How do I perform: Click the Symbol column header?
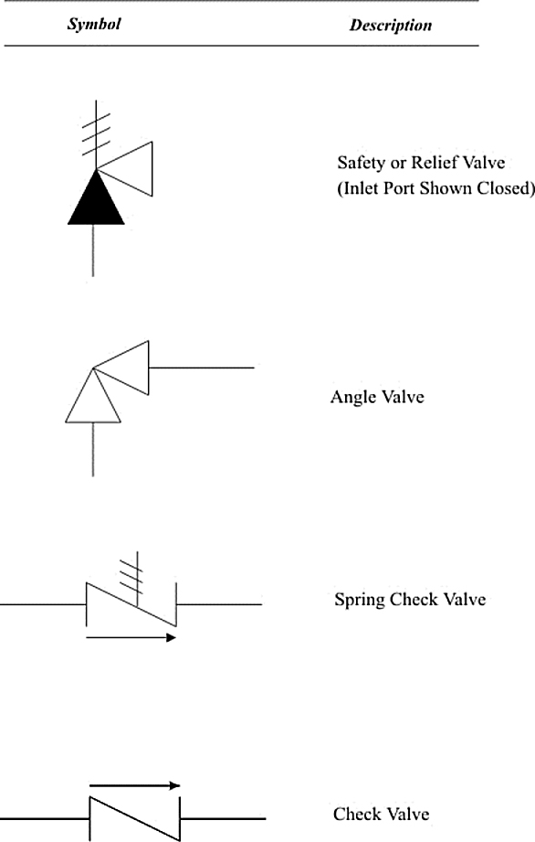pos(94,24)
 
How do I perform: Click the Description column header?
pos(391,26)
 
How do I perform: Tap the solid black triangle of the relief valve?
pos(96,197)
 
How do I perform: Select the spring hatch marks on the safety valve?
pos(97,134)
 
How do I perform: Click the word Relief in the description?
pos(433,162)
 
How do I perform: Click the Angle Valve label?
pos(377,397)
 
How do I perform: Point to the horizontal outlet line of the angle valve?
pos(202,368)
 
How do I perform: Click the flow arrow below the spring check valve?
pos(131,637)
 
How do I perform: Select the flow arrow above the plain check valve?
pos(134,785)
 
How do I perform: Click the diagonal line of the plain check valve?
pos(134,818)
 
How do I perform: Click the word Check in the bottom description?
pos(356,814)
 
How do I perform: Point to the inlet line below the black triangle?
pos(93,250)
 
